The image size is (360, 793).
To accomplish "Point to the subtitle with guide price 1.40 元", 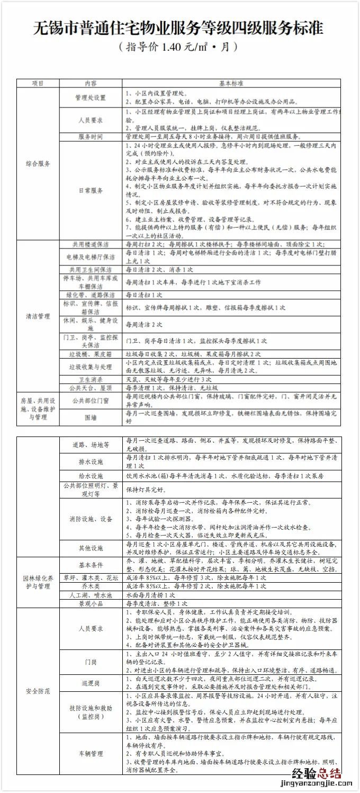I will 178,47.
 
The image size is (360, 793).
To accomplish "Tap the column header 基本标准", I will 231,83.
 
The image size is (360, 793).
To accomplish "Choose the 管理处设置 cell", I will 91,97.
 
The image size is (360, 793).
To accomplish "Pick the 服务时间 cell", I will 91,136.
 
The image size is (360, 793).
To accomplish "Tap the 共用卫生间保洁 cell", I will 91,270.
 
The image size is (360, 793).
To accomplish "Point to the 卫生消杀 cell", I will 91,379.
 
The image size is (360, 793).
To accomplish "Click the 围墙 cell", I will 91,417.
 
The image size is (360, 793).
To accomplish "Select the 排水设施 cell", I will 91,461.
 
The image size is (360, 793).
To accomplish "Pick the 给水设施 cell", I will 91,476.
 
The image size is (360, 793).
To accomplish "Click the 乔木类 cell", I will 91,586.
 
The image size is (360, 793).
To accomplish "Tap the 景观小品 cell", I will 91,603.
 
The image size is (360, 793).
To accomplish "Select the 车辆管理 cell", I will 91,753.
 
